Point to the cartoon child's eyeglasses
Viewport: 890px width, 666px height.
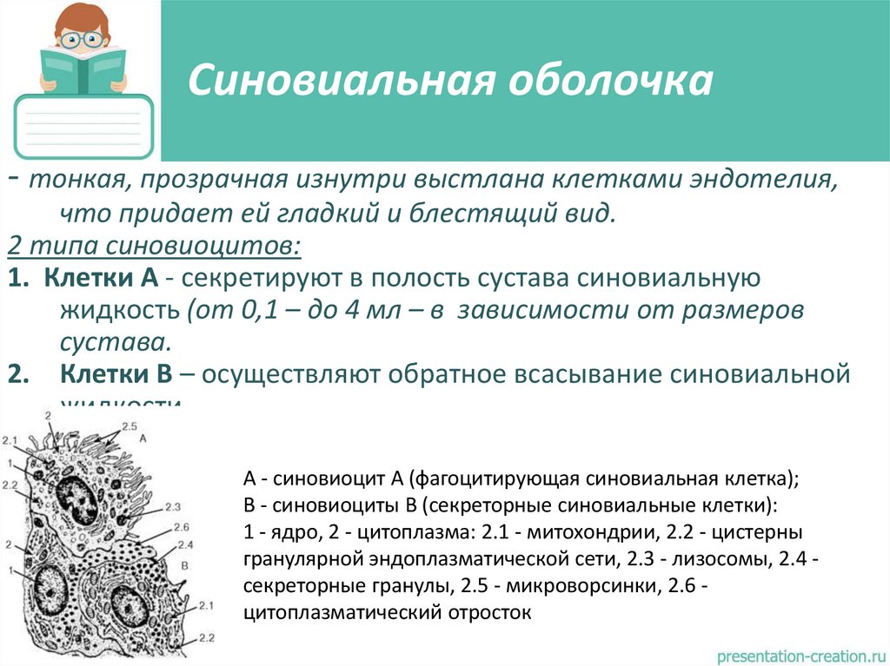coord(82,39)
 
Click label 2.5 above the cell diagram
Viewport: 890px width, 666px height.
coord(130,426)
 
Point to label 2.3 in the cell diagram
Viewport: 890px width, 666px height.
coord(171,506)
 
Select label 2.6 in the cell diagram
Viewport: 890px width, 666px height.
coord(182,527)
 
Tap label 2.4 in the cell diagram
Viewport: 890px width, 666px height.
coord(183,544)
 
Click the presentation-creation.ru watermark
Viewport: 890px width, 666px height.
coord(799,652)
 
